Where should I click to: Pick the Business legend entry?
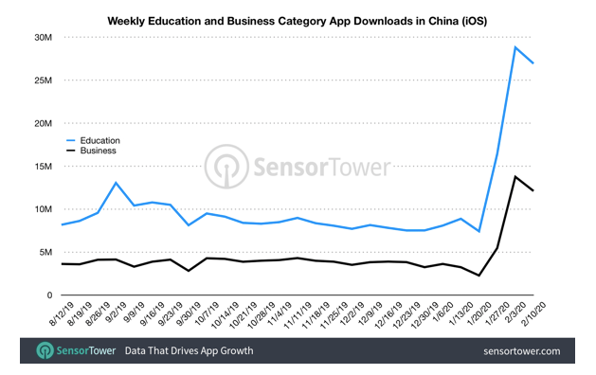(x=98, y=150)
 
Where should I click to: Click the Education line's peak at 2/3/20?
(x=515, y=47)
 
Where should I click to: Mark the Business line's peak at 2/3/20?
(x=515, y=176)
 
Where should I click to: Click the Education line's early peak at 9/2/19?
(x=116, y=183)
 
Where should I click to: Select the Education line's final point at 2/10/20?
(x=533, y=62)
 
